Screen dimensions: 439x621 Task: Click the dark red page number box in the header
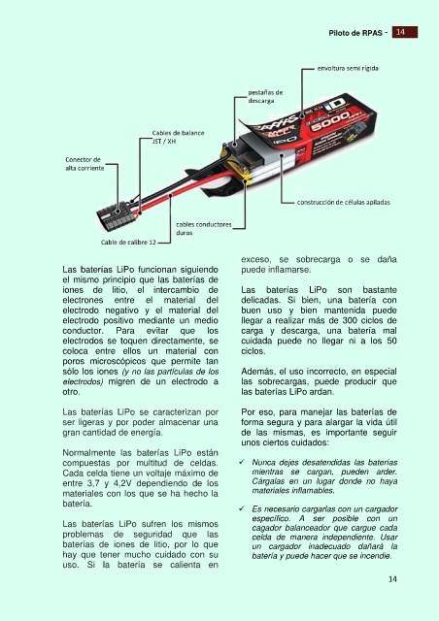click(x=405, y=32)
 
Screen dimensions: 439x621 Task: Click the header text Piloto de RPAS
click(x=355, y=33)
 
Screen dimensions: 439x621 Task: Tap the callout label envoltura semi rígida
click(x=348, y=68)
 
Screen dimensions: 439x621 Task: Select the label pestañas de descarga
click(x=265, y=97)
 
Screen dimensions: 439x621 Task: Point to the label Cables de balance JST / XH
click(x=178, y=137)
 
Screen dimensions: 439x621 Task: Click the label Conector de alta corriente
click(x=84, y=164)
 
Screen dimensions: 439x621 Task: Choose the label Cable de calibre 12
click(x=128, y=242)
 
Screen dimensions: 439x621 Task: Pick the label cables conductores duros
click(x=204, y=229)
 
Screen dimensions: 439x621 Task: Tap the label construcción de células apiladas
click(x=344, y=202)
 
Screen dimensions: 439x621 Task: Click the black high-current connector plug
click(x=117, y=215)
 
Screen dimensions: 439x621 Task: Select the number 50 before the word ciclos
click(x=391, y=341)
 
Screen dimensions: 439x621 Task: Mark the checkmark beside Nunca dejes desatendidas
click(x=242, y=462)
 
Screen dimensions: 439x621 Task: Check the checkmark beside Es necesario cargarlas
click(x=242, y=508)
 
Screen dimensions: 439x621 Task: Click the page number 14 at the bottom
click(x=392, y=579)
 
